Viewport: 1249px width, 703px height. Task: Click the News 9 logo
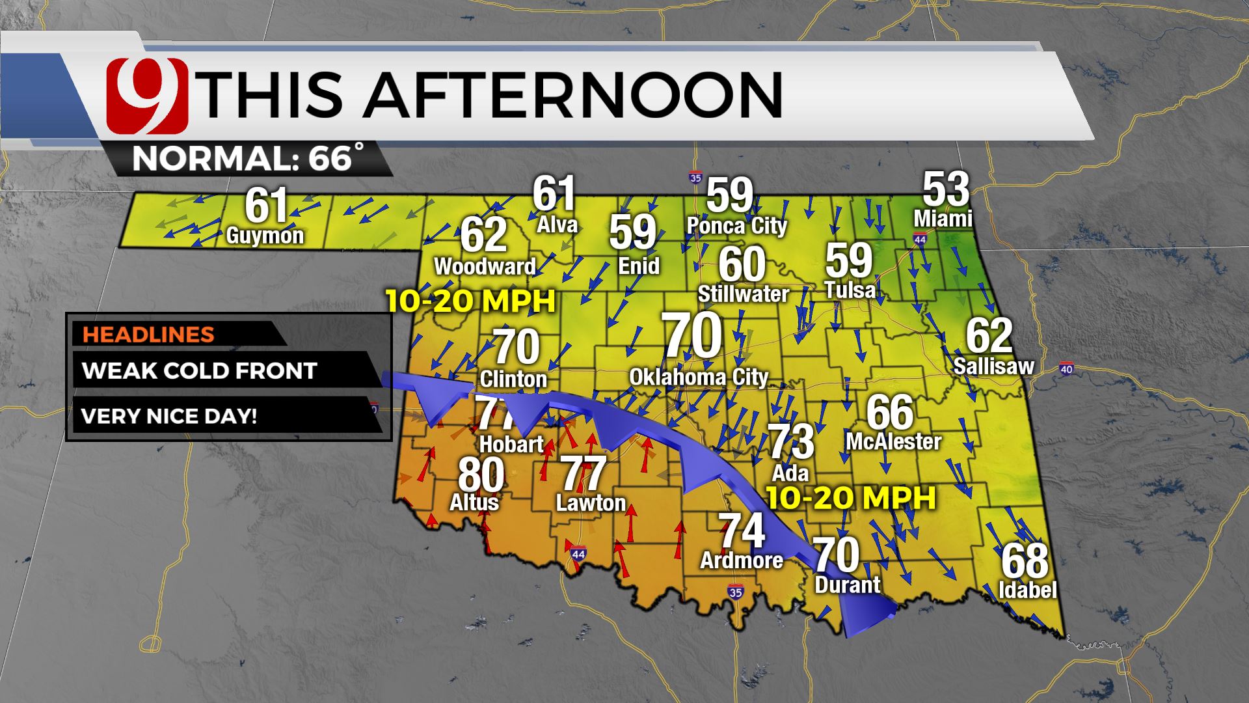pyautogui.click(x=147, y=96)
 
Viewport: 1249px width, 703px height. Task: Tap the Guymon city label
pyautogui.click(x=265, y=235)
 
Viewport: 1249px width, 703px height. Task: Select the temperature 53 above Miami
pyautogui.click(x=946, y=189)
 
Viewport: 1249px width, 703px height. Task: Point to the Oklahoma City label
pyautogui.click(x=699, y=377)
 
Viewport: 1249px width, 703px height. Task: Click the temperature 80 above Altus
pyautogui.click(x=481, y=475)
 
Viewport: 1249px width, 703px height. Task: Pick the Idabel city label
pyautogui.click(x=1027, y=590)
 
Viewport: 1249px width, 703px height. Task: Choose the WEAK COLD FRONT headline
pyautogui.click(x=200, y=370)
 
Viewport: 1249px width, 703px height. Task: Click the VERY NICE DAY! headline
pyautogui.click(x=169, y=416)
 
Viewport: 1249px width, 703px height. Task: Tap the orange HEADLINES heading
pyautogui.click(x=148, y=334)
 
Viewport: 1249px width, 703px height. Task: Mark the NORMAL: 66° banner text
pyautogui.click(x=247, y=158)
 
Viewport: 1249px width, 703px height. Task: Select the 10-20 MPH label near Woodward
pyautogui.click(x=470, y=301)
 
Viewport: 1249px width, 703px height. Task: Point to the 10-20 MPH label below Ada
pyautogui.click(x=851, y=499)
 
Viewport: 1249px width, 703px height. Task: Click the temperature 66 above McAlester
pyautogui.click(x=889, y=413)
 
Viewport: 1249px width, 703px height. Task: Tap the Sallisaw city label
pyautogui.click(x=993, y=366)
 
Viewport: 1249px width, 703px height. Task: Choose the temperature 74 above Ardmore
pyautogui.click(x=742, y=531)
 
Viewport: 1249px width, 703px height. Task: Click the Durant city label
pyautogui.click(x=847, y=585)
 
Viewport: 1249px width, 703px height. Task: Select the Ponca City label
pyautogui.click(x=737, y=226)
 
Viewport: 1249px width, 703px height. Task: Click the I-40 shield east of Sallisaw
pyautogui.click(x=1066, y=370)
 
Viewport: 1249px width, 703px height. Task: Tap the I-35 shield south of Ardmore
pyautogui.click(x=735, y=592)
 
